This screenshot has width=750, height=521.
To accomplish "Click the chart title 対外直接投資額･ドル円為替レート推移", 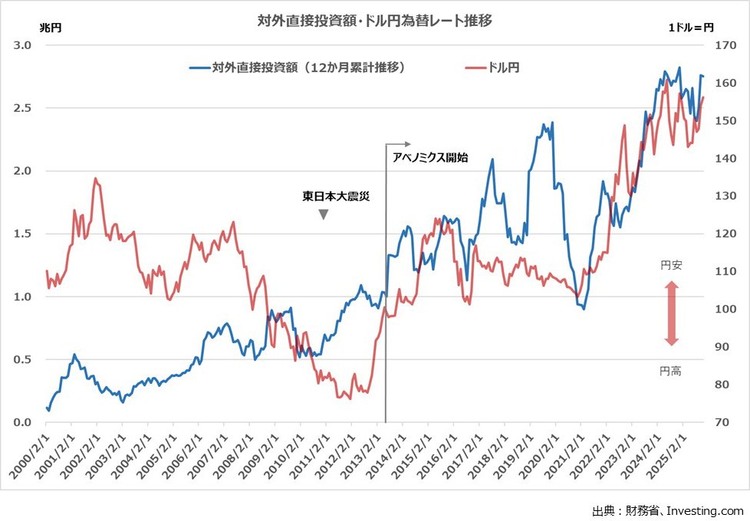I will tap(374, 21).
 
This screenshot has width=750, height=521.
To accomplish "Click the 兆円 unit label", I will tap(51, 28).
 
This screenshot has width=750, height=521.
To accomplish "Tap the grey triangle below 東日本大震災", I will tap(324, 215).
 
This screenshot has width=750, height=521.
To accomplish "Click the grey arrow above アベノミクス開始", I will tap(398, 144).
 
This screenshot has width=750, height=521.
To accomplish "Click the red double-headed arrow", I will tap(671, 313).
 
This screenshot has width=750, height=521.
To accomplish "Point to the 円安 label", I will tap(671, 266).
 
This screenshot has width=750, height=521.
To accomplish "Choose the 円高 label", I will tap(671, 371).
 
